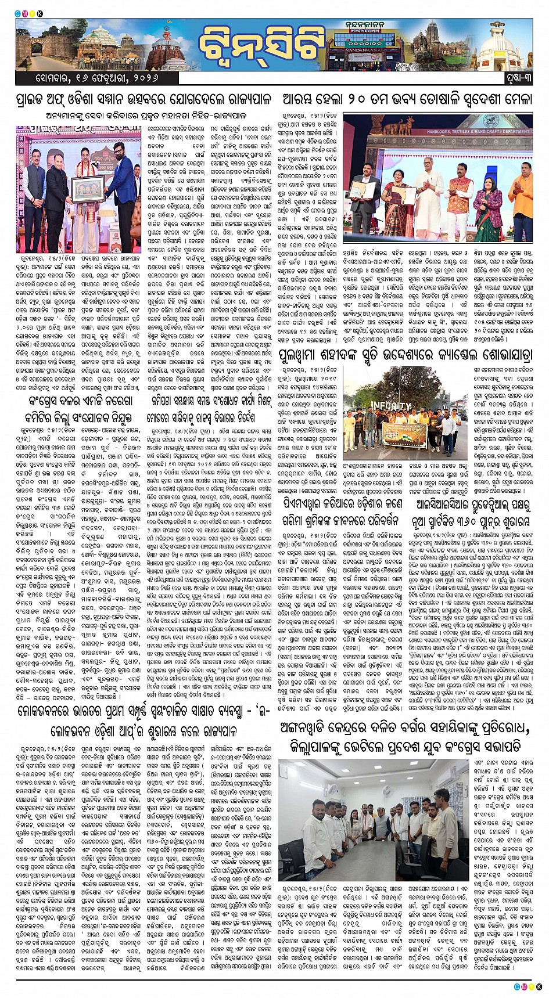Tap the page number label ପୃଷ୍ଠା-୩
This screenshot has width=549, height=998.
click(515, 77)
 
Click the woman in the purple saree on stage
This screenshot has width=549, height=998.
click(487, 206)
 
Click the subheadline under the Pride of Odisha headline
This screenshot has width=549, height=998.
click(144, 115)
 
